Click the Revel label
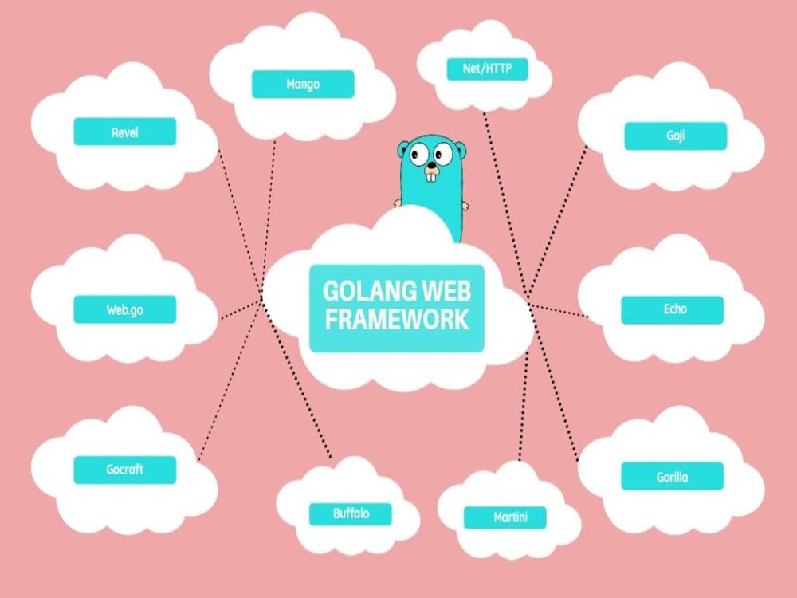[x=125, y=132]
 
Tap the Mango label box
[x=303, y=84]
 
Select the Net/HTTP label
[x=487, y=69]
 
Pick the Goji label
[x=676, y=136]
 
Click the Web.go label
[x=125, y=309]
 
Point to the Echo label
[x=673, y=309]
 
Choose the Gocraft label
[x=125, y=470]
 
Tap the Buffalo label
[x=351, y=513]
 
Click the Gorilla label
[x=673, y=477]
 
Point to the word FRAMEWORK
[x=397, y=320]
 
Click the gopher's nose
[x=431, y=165]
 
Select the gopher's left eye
[x=419, y=154]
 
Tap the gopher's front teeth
[x=431, y=176]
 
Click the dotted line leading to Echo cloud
[x=558, y=311]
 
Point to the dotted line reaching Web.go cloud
[x=241, y=310]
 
